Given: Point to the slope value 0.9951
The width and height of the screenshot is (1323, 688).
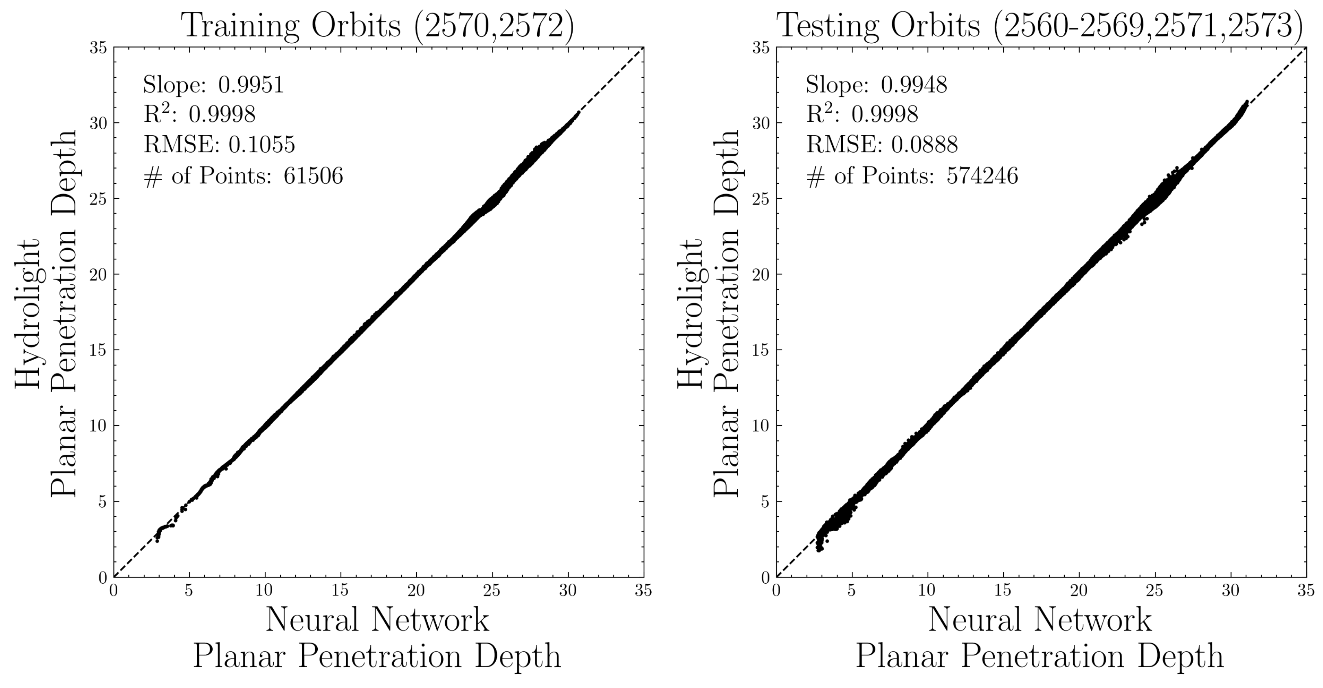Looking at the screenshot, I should [x=251, y=85].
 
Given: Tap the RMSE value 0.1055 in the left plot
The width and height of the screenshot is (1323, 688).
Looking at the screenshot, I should [x=262, y=145].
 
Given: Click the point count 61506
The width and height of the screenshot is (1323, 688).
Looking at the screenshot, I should [x=313, y=176].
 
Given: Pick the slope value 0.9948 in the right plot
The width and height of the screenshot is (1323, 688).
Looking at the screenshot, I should [x=914, y=85].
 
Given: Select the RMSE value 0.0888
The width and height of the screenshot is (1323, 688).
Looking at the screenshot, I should [x=925, y=145].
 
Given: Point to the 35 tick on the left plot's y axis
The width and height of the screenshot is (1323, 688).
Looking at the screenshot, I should [x=98, y=48].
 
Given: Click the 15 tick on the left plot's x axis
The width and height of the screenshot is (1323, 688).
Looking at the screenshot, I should [x=340, y=591].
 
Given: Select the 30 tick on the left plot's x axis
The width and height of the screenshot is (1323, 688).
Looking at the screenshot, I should [x=567, y=591].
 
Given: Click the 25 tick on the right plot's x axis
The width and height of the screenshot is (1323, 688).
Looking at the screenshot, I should [x=1154, y=591].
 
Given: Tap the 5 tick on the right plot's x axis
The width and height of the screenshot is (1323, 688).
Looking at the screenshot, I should [x=852, y=591].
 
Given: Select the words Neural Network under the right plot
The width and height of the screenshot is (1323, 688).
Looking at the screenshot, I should [x=1041, y=619].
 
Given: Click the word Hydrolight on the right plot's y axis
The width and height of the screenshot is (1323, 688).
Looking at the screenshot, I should [x=691, y=313].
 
